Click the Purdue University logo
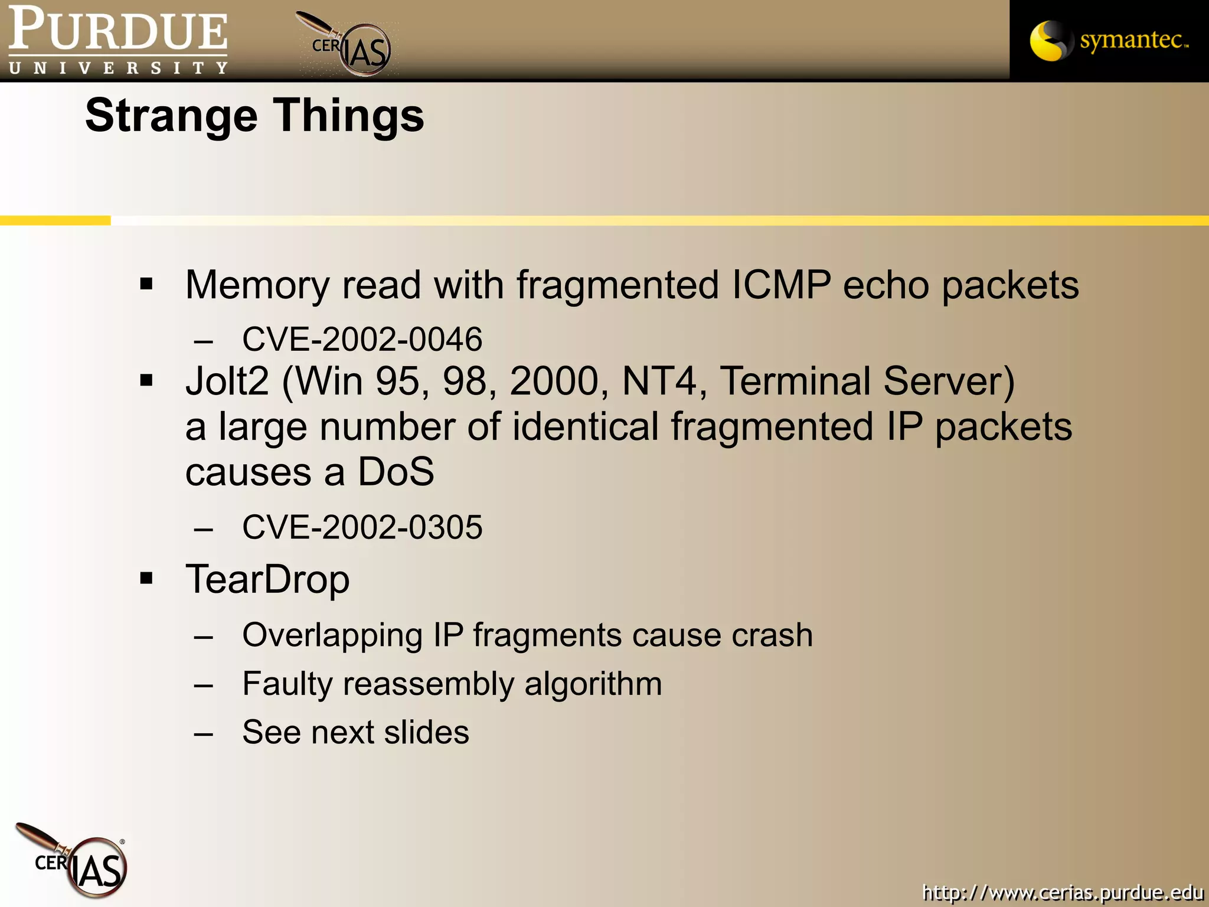pyautogui.click(x=118, y=40)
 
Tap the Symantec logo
pyautogui.click(x=1109, y=40)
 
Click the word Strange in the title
pyautogui.click(x=171, y=116)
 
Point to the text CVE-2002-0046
pyautogui.click(x=362, y=339)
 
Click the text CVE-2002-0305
pyautogui.click(x=362, y=527)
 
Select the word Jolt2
pyautogui.click(x=227, y=381)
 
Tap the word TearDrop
pyautogui.click(x=267, y=579)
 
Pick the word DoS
pyautogui.click(x=396, y=472)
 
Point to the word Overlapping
pyautogui.click(x=332, y=635)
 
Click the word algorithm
pyautogui.click(x=593, y=684)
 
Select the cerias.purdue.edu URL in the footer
pyautogui.click(x=1062, y=892)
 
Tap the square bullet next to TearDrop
pyautogui.click(x=146, y=578)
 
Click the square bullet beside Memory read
pyautogui.click(x=146, y=285)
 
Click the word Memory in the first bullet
pyautogui.click(x=257, y=285)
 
